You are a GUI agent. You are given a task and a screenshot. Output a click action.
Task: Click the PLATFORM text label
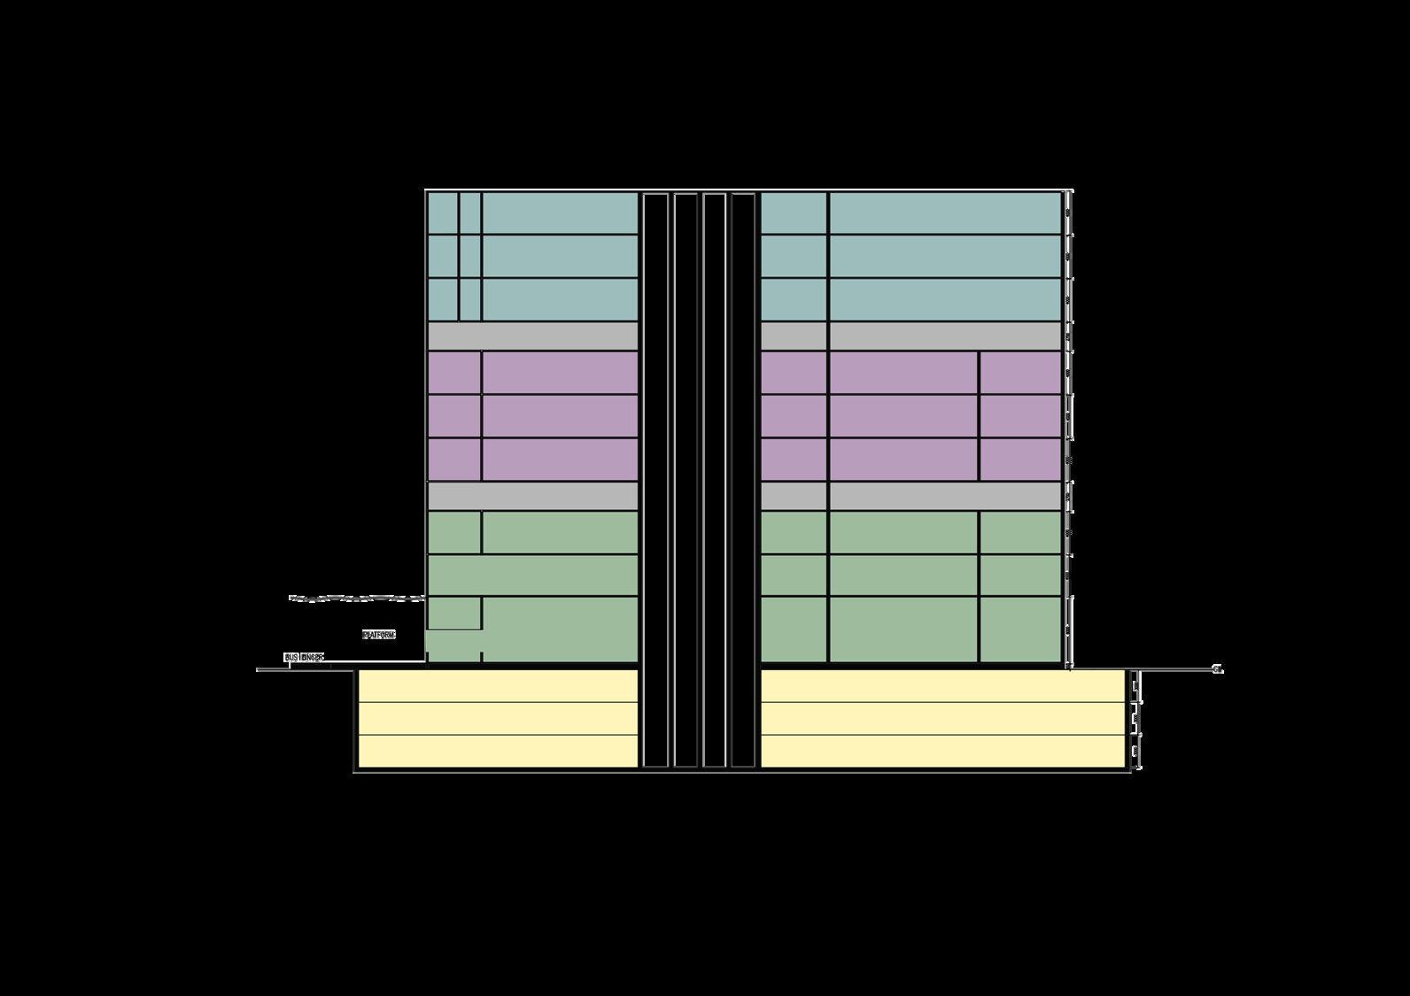coord(379,635)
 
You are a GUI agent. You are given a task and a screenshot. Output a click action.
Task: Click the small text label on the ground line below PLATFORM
coord(304,658)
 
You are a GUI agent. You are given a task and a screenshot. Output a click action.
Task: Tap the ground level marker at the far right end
coord(1218,669)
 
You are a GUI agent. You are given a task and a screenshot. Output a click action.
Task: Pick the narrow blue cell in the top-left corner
coord(443,212)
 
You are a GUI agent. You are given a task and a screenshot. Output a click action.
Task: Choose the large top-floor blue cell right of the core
coord(945,212)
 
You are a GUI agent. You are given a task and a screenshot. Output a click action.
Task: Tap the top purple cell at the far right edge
coord(1020,373)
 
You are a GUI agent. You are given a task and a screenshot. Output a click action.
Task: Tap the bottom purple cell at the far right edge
coord(1020,459)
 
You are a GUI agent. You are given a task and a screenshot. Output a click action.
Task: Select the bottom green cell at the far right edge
coord(1020,629)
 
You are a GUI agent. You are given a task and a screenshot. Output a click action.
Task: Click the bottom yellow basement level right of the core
coord(943,751)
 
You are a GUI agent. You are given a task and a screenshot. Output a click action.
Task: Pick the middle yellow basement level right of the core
coord(943,718)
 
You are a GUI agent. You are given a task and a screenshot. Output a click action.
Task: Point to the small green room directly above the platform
coord(454,613)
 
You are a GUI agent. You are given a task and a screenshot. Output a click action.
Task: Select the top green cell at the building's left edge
coord(454,532)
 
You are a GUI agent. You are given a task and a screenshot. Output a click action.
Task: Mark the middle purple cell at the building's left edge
coord(454,416)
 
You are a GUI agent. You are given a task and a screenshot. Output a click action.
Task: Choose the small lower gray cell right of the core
coord(794,496)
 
